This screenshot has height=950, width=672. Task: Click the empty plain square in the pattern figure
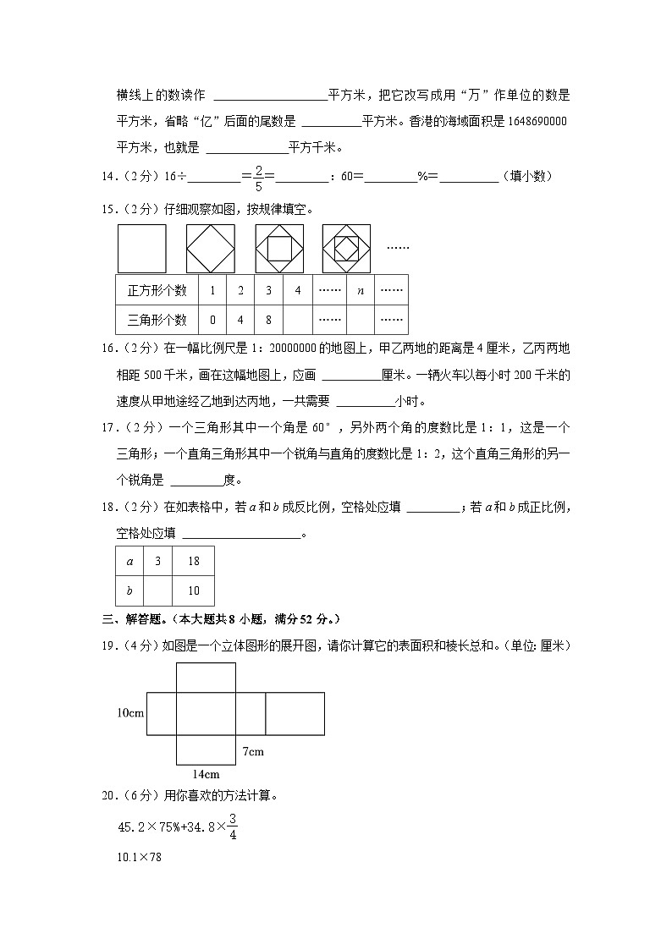(x=142, y=249)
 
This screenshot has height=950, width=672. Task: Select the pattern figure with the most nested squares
(x=347, y=249)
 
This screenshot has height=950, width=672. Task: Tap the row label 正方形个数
(x=157, y=290)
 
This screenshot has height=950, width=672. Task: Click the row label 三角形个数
(x=157, y=320)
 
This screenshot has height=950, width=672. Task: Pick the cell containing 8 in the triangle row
(x=268, y=320)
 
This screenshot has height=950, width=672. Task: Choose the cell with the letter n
(x=361, y=290)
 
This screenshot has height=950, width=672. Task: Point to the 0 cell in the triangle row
(x=212, y=320)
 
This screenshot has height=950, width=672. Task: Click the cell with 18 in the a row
(x=193, y=561)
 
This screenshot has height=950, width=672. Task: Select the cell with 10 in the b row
(x=193, y=590)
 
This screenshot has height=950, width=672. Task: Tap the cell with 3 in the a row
(x=157, y=561)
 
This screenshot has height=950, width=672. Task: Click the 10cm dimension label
(x=131, y=713)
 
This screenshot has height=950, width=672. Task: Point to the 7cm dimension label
(x=253, y=751)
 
